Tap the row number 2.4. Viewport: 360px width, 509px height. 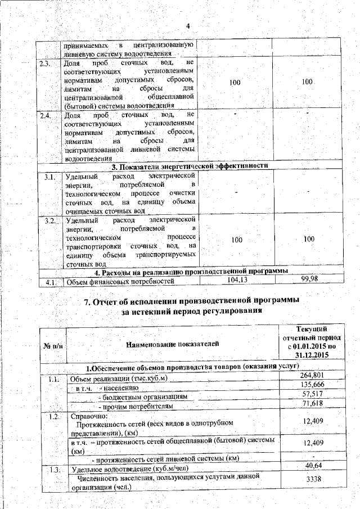pyautogui.click(x=47, y=115)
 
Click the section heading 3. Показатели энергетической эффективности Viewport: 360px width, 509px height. pyautogui.click(x=188, y=166)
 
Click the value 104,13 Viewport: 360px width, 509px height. pyautogui.click(x=237, y=280)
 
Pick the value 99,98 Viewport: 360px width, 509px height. pyautogui.click(x=308, y=280)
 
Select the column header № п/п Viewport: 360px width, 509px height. pyautogui.click(x=53, y=344)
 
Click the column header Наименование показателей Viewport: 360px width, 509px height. pyautogui.click(x=173, y=344)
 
